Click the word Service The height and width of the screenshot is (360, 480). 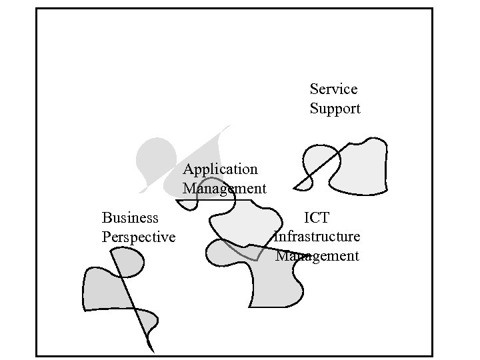click(x=333, y=89)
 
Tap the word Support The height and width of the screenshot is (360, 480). click(x=335, y=109)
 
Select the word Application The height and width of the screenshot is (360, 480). click(x=220, y=169)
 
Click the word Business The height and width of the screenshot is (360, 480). click(x=130, y=217)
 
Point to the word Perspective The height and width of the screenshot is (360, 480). click(x=138, y=237)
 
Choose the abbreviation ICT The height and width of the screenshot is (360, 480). click(x=317, y=217)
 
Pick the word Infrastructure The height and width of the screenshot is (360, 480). click(x=317, y=237)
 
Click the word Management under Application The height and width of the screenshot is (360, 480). click(x=224, y=189)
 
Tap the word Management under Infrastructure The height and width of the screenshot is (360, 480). click(x=317, y=256)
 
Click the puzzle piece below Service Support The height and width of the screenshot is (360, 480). click(x=357, y=167)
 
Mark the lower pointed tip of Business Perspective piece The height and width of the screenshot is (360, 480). click(x=151, y=349)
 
